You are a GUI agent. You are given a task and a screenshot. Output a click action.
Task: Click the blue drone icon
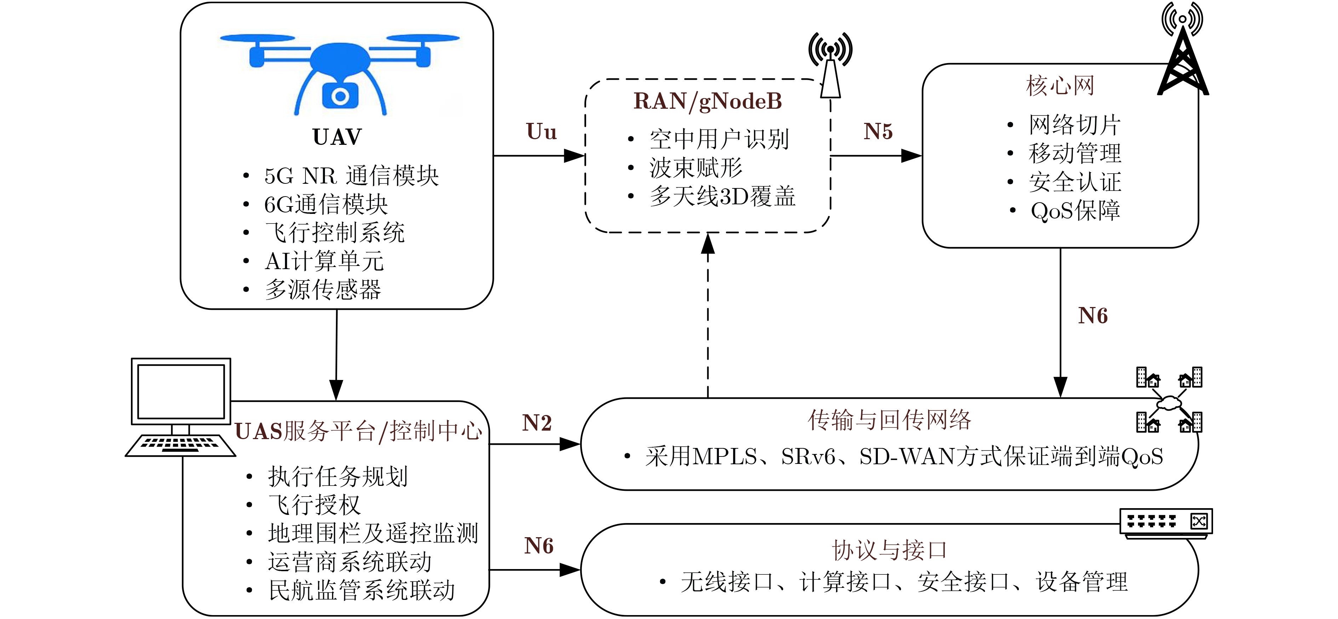click(340, 73)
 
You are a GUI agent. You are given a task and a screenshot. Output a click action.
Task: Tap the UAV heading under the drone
click(337, 137)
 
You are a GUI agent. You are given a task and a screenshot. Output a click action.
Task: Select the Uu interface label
click(541, 132)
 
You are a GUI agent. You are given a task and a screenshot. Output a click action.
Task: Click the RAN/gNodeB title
click(708, 101)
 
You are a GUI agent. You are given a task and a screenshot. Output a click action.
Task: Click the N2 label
click(537, 423)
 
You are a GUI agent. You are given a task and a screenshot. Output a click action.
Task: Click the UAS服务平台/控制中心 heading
click(358, 431)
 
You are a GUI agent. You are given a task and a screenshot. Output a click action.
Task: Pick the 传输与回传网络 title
click(889, 420)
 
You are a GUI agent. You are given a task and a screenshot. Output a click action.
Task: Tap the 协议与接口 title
click(889, 550)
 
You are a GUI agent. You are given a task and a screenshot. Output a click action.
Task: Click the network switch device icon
click(1166, 522)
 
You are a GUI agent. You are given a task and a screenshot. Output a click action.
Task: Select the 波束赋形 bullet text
click(696, 168)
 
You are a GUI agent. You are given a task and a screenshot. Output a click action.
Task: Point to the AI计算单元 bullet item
click(324, 261)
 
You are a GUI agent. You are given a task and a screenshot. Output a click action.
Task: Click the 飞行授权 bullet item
click(314, 505)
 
